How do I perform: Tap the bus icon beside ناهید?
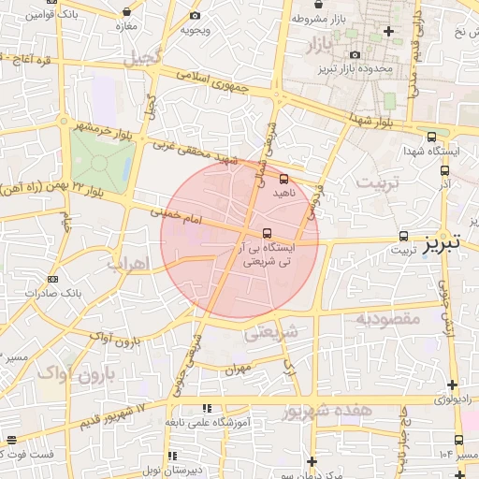(x=284, y=179)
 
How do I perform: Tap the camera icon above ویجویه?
(x=195, y=16)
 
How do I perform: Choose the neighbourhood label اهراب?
(x=128, y=265)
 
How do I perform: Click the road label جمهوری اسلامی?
(x=220, y=90)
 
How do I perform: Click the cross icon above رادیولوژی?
(x=453, y=385)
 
